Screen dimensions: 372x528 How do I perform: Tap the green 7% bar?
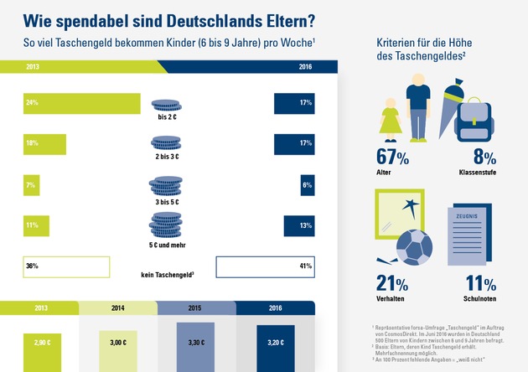tap(33, 184)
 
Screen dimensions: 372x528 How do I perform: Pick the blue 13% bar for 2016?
tap(299, 225)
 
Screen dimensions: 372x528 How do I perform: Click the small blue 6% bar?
tap(307, 184)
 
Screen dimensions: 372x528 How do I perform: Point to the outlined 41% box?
tap(265, 266)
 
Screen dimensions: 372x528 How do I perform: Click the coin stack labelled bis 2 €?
tap(165, 105)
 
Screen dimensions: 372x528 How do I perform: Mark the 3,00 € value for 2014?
tap(117, 343)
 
